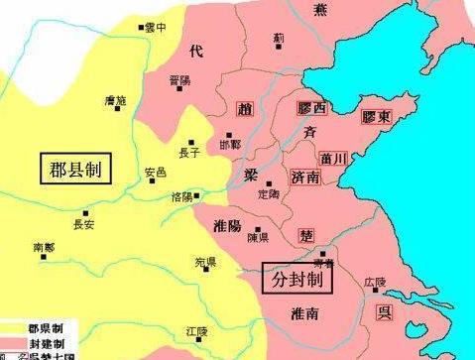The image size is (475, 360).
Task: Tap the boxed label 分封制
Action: tap(298, 280)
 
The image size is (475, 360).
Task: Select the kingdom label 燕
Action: tap(319, 9)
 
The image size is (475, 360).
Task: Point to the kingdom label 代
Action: tap(195, 52)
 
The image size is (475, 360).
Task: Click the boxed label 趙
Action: tap(248, 108)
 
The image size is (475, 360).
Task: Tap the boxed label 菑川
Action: tap(333, 156)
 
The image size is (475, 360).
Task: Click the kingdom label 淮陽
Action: tap(227, 226)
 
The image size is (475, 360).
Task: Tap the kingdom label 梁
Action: tap(251, 175)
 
